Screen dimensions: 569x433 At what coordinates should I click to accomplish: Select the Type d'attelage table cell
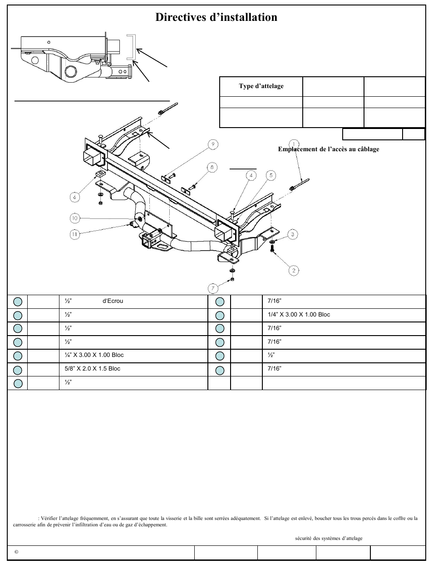coord(261,86)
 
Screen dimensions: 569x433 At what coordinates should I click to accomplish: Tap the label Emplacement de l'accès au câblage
coord(329,149)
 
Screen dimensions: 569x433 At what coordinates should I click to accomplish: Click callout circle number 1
coord(294,145)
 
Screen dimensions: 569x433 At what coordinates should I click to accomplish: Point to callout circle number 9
coord(213,145)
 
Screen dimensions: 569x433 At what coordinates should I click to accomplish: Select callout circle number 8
coord(212,167)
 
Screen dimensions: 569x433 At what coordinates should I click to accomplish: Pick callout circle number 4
coord(251,175)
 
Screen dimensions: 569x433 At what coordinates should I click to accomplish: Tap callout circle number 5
coord(271,175)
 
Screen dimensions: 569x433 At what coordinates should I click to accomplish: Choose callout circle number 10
coord(75,218)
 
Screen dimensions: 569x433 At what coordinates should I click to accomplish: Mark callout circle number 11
coord(75,234)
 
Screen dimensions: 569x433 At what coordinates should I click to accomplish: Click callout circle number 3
coord(293,234)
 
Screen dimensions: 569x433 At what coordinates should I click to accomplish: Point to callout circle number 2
coord(294,270)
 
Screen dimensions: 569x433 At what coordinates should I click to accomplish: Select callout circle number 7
coord(213,288)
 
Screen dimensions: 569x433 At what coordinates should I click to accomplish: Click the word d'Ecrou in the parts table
coord(113,301)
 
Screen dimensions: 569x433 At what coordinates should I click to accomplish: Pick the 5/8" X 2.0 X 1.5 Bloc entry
coord(93,369)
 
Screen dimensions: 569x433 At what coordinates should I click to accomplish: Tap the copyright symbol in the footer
coord(16,552)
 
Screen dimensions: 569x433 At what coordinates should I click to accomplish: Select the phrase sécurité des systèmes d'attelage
coord(329,539)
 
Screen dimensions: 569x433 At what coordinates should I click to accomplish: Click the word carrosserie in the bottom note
coord(25,525)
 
